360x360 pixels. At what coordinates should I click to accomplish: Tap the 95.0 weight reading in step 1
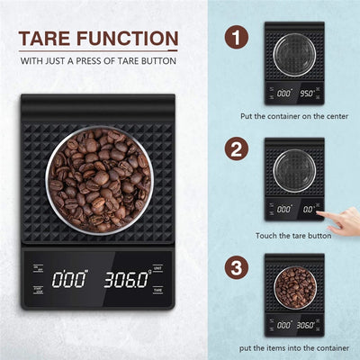(x=309, y=92)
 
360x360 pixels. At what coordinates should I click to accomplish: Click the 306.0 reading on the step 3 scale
(x=309, y=323)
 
